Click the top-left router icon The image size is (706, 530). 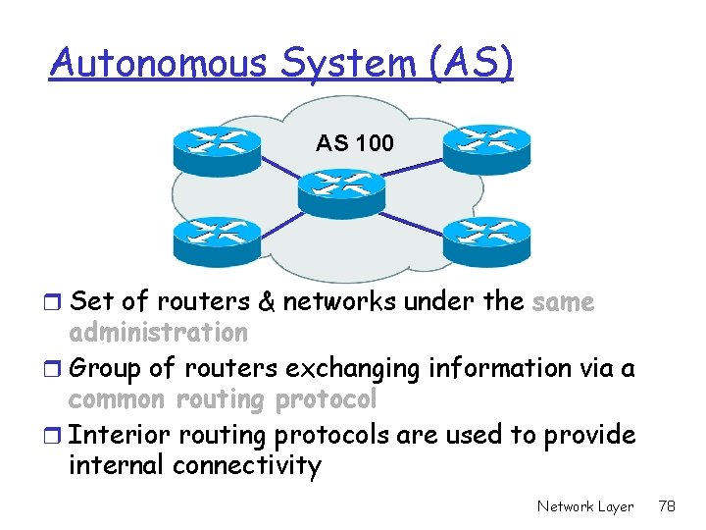[x=217, y=146]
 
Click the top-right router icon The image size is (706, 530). [x=486, y=146]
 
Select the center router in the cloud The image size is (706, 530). [x=341, y=190]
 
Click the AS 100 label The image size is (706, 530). [x=355, y=143]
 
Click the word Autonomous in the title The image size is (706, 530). [x=153, y=64]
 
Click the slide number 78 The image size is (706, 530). [x=668, y=506]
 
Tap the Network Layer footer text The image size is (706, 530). [x=585, y=506]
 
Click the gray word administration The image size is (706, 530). [x=158, y=333]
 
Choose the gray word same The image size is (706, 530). [x=563, y=301]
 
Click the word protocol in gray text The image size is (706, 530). [x=327, y=399]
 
